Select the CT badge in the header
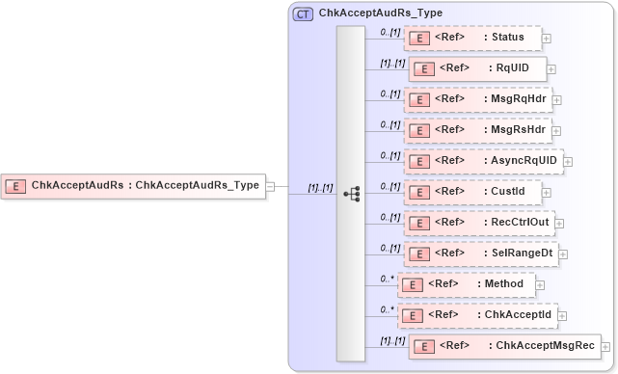pos(303,13)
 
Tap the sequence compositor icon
pos(351,192)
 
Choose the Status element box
pos(471,38)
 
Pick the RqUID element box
pos(477,68)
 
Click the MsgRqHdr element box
pos(476,98)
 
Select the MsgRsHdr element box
pos(476,129)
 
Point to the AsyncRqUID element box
pos(483,160)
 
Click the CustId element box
pos(471,191)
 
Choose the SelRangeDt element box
pos(481,253)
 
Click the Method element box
pos(467,284)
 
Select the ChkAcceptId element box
pos(477,314)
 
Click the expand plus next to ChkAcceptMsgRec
pos(605,346)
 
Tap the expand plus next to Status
pos(547,39)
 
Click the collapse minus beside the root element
pos(271,186)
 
